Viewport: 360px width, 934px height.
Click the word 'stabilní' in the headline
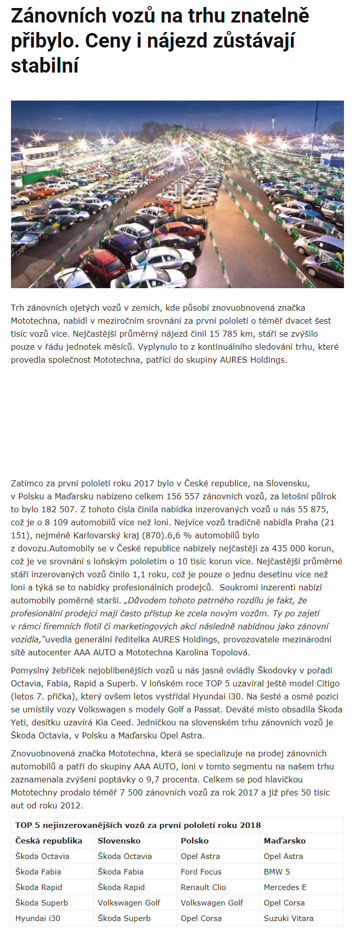[44, 66]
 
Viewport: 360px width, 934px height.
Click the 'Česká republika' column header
[48, 841]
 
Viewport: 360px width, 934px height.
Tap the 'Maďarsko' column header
[284, 841]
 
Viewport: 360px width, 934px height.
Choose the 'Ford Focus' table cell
[201, 872]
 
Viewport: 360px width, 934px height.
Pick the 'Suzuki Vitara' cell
[288, 918]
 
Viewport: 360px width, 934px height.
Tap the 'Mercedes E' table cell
[285, 887]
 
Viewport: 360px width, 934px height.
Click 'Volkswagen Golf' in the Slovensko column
[129, 903]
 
